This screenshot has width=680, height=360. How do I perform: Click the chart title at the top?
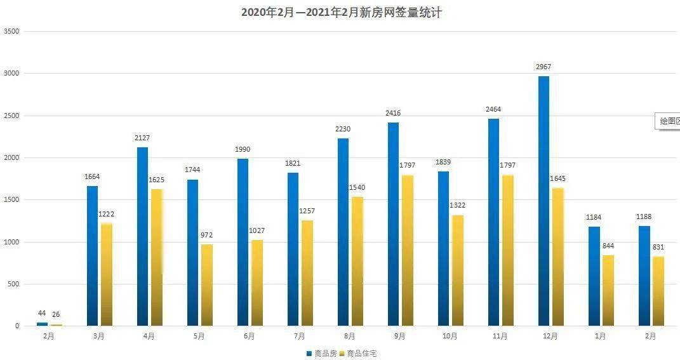(x=341, y=12)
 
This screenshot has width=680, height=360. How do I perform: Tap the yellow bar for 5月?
(x=207, y=284)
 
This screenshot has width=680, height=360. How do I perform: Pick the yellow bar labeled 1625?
(x=156, y=257)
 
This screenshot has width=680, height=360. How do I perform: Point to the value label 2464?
(x=493, y=109)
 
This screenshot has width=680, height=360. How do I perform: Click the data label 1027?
(x=257, y=230)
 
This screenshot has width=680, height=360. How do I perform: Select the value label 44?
(x=42, y=313)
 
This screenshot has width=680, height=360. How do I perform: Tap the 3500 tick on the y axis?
(x=11, y=31)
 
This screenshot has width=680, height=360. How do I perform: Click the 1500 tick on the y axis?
(x=11, y=200)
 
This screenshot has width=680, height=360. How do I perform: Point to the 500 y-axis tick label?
(x=13, y=284)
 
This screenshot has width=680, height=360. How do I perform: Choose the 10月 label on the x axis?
(x=450, y=337)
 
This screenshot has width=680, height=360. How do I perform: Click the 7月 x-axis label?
(x=299, y=337)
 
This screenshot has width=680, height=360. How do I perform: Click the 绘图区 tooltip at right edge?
(x=668, y=121)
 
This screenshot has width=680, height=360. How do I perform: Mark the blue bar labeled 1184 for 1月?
(x=594, y=276)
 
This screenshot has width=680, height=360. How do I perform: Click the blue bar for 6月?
(x=243, y=242)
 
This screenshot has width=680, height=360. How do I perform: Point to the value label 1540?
(x=357, y=187)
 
